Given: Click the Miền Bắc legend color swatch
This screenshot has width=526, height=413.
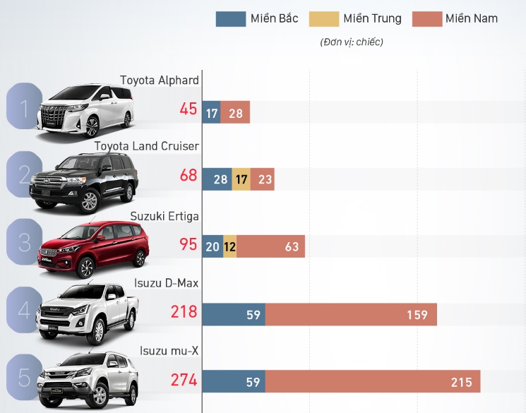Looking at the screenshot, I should pyautogui.click(x=230, y=19).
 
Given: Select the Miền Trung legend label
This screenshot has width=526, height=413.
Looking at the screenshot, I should pyautogui.click(x=372, y=19).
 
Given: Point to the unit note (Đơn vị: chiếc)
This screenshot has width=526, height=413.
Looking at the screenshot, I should pyautogui.click(x=352, y=42).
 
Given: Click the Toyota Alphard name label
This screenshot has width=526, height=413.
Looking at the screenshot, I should pyautogui.click(x=159, y=80).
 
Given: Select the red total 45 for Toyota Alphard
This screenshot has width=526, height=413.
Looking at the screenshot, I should pyautogui.click(x=189, y=109).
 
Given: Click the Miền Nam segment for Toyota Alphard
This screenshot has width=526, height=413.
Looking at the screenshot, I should pyautogui.click(x=236, y=113).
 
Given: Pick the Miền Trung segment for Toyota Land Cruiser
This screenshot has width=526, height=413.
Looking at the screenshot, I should pyautogui.click(x=241, y=179).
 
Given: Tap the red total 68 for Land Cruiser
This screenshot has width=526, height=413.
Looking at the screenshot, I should pyautogui.click(x=189, y=175).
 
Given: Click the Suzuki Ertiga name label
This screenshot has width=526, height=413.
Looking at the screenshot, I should pyautogui.click(x=165, y=215).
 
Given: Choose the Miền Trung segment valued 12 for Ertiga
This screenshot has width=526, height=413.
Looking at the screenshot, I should pyautogui.click(x=229, y=247).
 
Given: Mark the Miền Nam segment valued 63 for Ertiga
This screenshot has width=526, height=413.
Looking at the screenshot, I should pyautogui.click(x=270, y=247).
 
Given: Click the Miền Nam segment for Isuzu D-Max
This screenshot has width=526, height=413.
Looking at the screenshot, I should pyautogui.click(x=351, y=315).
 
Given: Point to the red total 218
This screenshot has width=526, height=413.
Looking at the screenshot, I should pyautogui.click(x=184, y=311).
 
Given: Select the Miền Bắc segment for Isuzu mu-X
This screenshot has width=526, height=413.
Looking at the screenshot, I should pyautogui.click(x=234, y=382).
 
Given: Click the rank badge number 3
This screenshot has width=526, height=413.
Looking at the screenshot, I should pyautogui.click(x=24, y=243).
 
